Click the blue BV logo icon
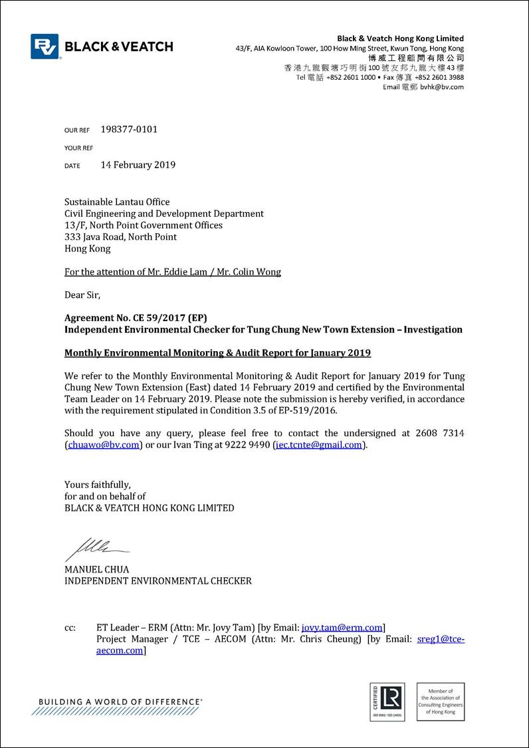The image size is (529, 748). [x=45, y=47]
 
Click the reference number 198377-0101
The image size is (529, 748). [x=129, y=130]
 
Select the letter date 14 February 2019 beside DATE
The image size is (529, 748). [x=138, y=165]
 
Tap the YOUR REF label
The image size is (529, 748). [x=78, y=148]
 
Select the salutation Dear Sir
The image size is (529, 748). [x=82, y=295]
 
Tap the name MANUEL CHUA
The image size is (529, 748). [x=97, y=570]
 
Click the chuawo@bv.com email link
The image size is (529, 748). [x=104, y=445]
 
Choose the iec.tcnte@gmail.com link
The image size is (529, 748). [x=320, y=445]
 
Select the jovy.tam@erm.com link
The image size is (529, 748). [x=342, y=628]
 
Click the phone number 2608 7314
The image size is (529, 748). [x=440, y=434]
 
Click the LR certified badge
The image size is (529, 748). [x=387, y=701]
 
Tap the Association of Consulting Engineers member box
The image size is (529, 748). [x=441, y=701]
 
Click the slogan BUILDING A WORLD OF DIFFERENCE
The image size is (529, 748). [x=120, y=701]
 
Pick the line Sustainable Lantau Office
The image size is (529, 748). [x=117, y=202]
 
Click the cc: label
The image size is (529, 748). [x=70, y=628]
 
